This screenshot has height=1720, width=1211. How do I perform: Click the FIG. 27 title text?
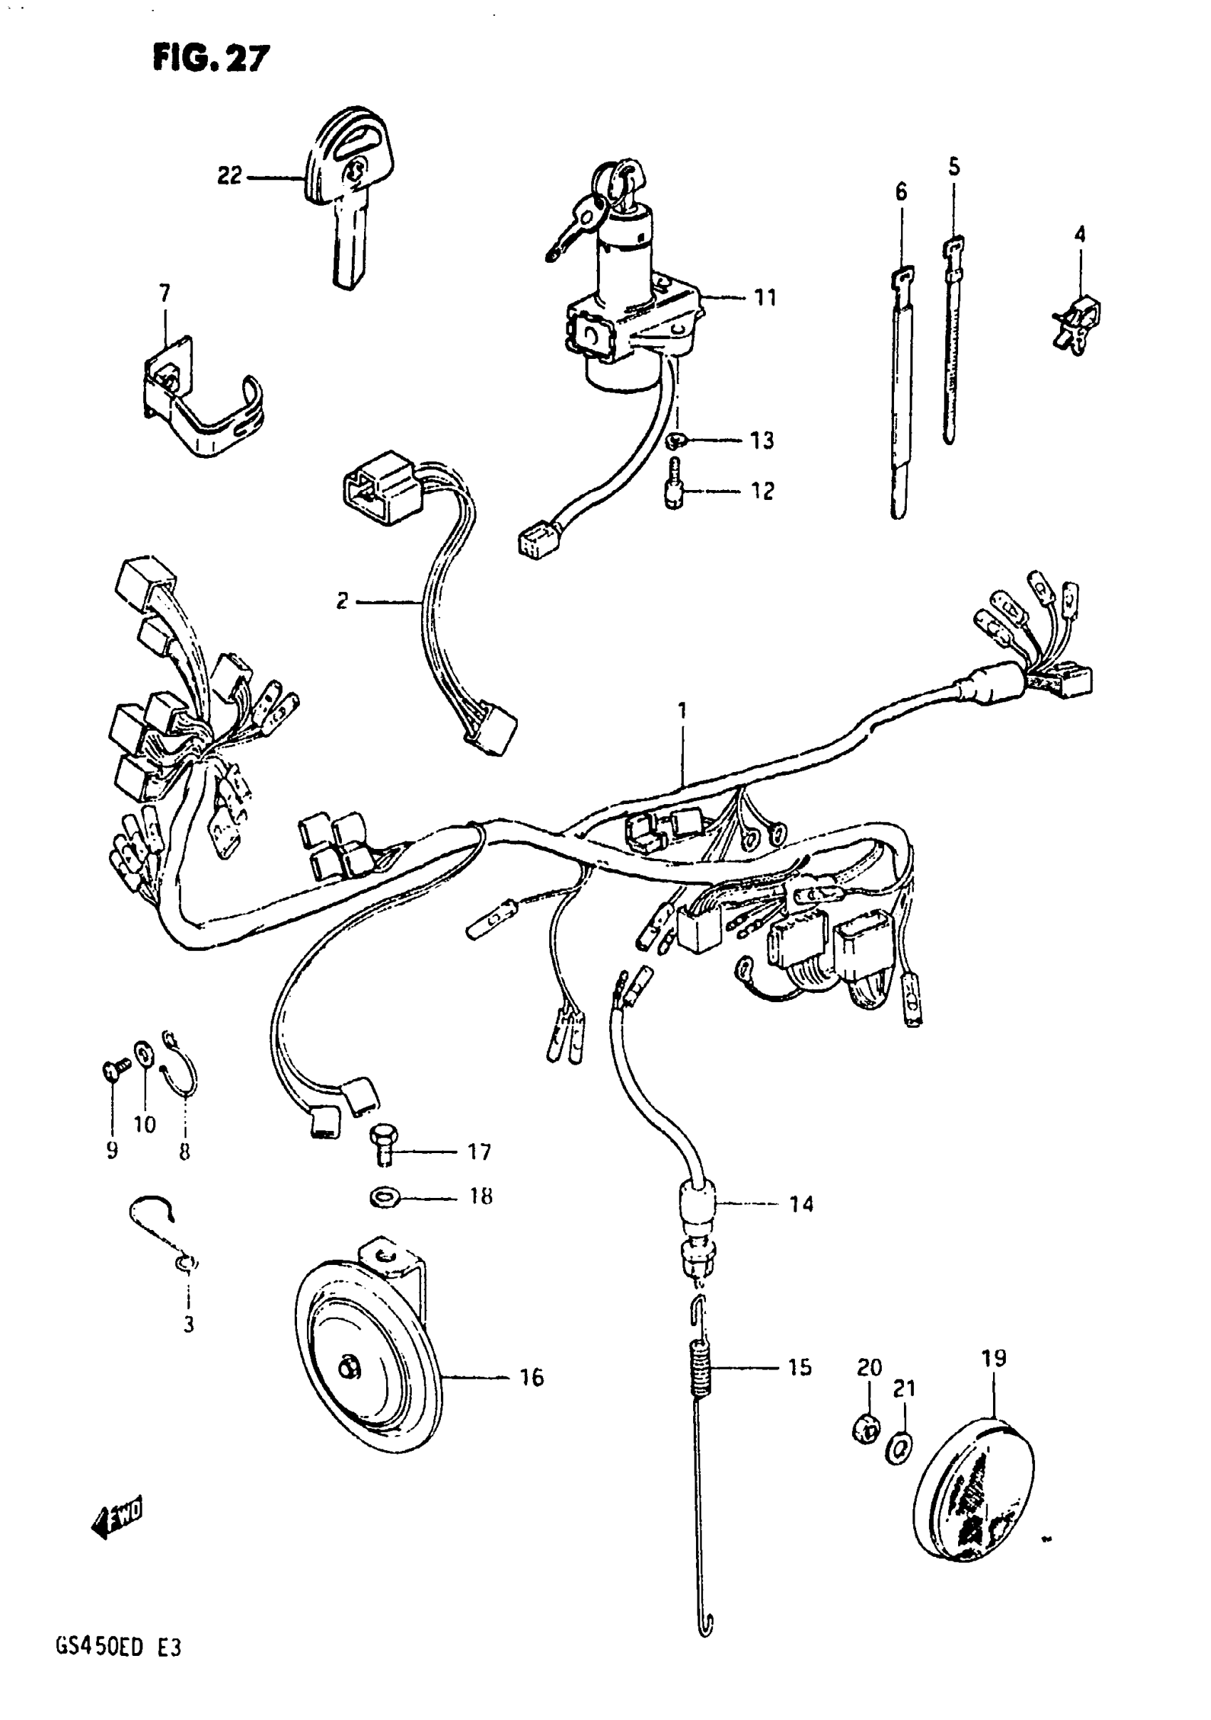(211, 57)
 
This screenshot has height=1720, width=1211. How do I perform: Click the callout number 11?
(765, 298)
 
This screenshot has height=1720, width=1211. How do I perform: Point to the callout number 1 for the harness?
(682, 709)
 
